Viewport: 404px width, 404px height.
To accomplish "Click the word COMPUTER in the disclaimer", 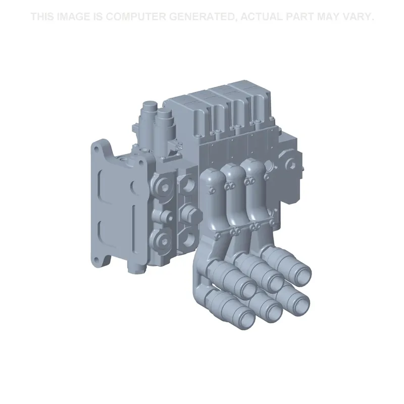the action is pos(136,17).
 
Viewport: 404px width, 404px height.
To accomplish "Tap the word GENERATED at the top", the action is pos(203,17).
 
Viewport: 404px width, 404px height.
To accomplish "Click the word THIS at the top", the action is pos(42,17).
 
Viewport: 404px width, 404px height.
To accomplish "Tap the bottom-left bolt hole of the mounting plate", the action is pos(96,260).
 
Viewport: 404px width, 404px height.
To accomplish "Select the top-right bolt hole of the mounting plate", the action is pos(141,163).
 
